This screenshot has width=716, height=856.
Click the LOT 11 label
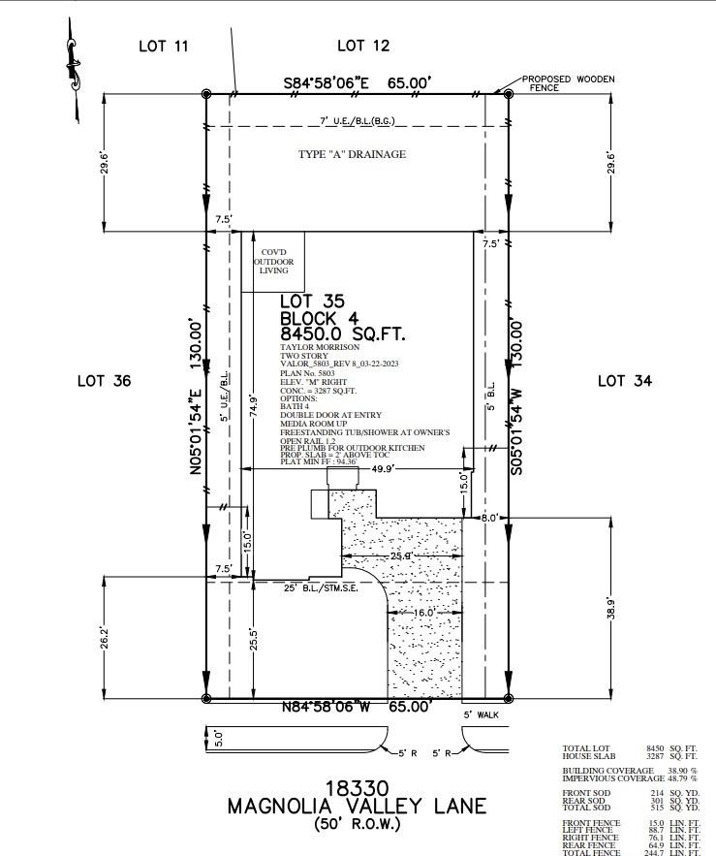pyautogui.click(x=164, y=46)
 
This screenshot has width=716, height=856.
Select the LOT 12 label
pyautogui.click(x=363, y=46)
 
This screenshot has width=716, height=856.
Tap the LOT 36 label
pyautogui.click(x=104, y=381)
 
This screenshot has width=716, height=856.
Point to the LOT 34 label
pyautogui.click(x=625, y=381)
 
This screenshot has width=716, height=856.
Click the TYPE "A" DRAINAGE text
pyautogui.click(x=352, y=154)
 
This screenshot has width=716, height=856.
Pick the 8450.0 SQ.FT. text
pyautogui.click(x=342, y=334)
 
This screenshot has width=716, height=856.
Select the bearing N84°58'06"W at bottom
pyautogui.click(x=326, y=707)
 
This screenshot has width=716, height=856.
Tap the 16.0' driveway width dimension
pyautogui.click(x=422, y=614)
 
